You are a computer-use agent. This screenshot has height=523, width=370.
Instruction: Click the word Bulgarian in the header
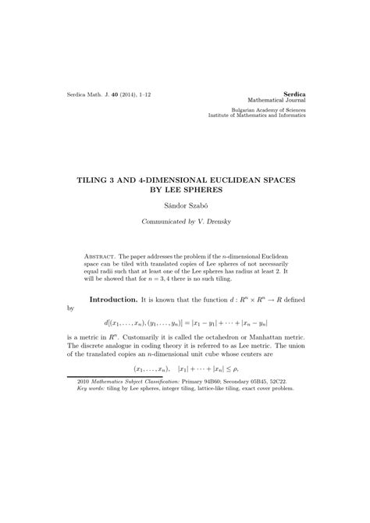pos(244,109)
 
